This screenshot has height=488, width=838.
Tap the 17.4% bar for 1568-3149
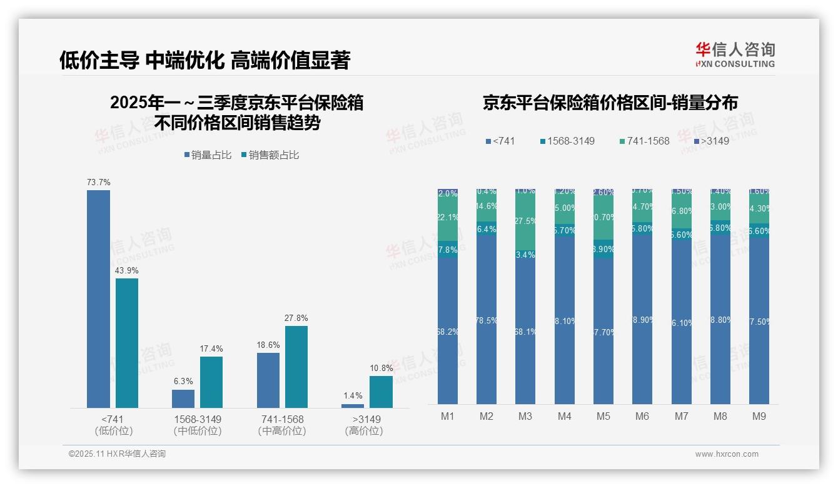[211, 382]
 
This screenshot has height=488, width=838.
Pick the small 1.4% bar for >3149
[353, 406]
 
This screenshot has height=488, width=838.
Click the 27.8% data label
[296, 318]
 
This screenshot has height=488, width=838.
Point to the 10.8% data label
[381, 369]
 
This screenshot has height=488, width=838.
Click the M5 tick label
[603, 417]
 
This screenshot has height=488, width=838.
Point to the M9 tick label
[759, 417]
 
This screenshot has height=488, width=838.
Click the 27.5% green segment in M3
[525, 220]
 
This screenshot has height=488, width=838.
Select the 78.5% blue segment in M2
[487, 320]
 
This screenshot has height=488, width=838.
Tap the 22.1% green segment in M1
[448, 218]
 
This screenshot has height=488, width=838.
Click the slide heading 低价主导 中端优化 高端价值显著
[204, 60]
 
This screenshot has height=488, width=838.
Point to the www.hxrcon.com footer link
[726, 454]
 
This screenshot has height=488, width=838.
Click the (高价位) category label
[364, 431]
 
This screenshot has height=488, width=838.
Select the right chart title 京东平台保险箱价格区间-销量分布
[610, 103]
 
